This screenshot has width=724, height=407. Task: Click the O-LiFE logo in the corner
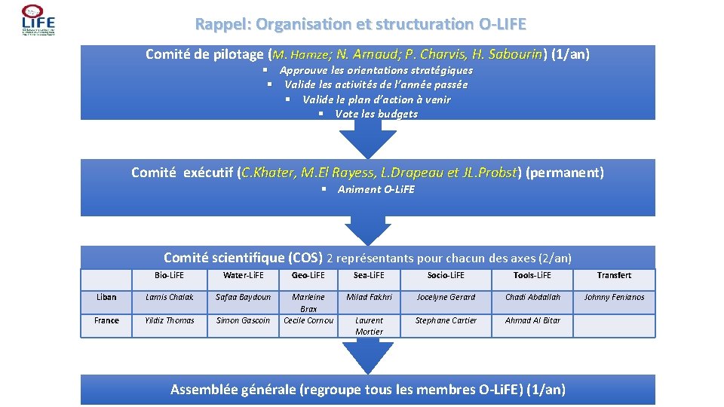point(38,20)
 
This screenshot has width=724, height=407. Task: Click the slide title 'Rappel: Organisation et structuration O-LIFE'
point(360,24)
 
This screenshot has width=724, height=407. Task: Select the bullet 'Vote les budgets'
point(376,114)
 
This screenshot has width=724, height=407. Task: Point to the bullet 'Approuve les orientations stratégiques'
point(376,70)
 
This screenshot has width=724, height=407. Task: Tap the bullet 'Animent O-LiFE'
point(376,189)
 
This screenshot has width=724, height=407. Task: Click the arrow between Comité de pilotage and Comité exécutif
point(367,139)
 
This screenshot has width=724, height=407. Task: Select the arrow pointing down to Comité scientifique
point(367,229)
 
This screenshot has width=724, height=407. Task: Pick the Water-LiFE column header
point(243,275)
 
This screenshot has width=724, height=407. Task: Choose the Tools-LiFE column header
point(532,275)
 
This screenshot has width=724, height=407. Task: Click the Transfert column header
point(614,275)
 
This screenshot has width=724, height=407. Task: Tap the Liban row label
point(106,297)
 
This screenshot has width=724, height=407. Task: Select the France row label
point(106,320)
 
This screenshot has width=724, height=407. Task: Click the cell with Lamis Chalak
point(170,297)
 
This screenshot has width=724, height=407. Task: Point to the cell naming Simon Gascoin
point(243,320)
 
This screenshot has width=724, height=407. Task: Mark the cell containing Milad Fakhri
point(369,297)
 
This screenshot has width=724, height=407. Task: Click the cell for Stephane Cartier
point(446,320)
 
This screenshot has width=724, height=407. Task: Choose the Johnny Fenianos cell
point(614,297)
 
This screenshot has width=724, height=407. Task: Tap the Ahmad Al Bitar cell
point(532,320)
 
